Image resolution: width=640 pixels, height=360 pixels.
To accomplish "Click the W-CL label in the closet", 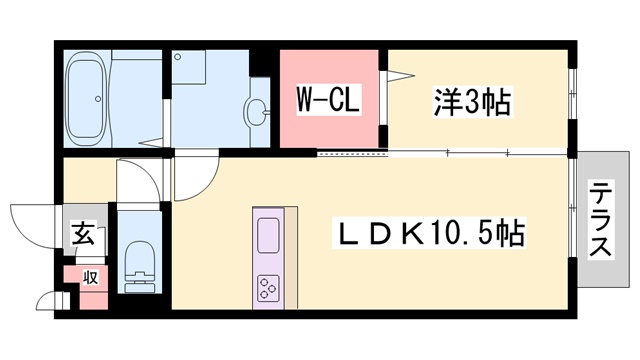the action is coord(328,99).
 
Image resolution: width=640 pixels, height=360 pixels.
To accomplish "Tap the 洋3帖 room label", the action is coord(472,102).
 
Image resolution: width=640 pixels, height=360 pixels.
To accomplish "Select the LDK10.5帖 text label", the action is coord(429,233).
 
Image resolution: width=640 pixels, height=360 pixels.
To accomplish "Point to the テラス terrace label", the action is coord(600,219).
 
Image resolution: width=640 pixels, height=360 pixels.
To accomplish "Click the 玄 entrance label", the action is coord(84,233).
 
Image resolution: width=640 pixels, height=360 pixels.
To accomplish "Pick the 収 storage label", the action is coord(91,278).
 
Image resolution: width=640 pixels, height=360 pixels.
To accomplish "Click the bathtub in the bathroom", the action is coord(87,99).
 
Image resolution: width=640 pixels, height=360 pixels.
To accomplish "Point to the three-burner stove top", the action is coord(268,288).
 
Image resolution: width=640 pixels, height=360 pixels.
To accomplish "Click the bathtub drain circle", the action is coord(98,99).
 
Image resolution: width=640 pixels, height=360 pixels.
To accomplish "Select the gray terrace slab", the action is coord(603,219).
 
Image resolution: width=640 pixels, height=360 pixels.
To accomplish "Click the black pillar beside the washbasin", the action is coord(259,63).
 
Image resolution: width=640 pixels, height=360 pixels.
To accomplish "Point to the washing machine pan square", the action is coord(189,67).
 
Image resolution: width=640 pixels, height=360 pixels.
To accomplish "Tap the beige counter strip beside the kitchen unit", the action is coord(291,258).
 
